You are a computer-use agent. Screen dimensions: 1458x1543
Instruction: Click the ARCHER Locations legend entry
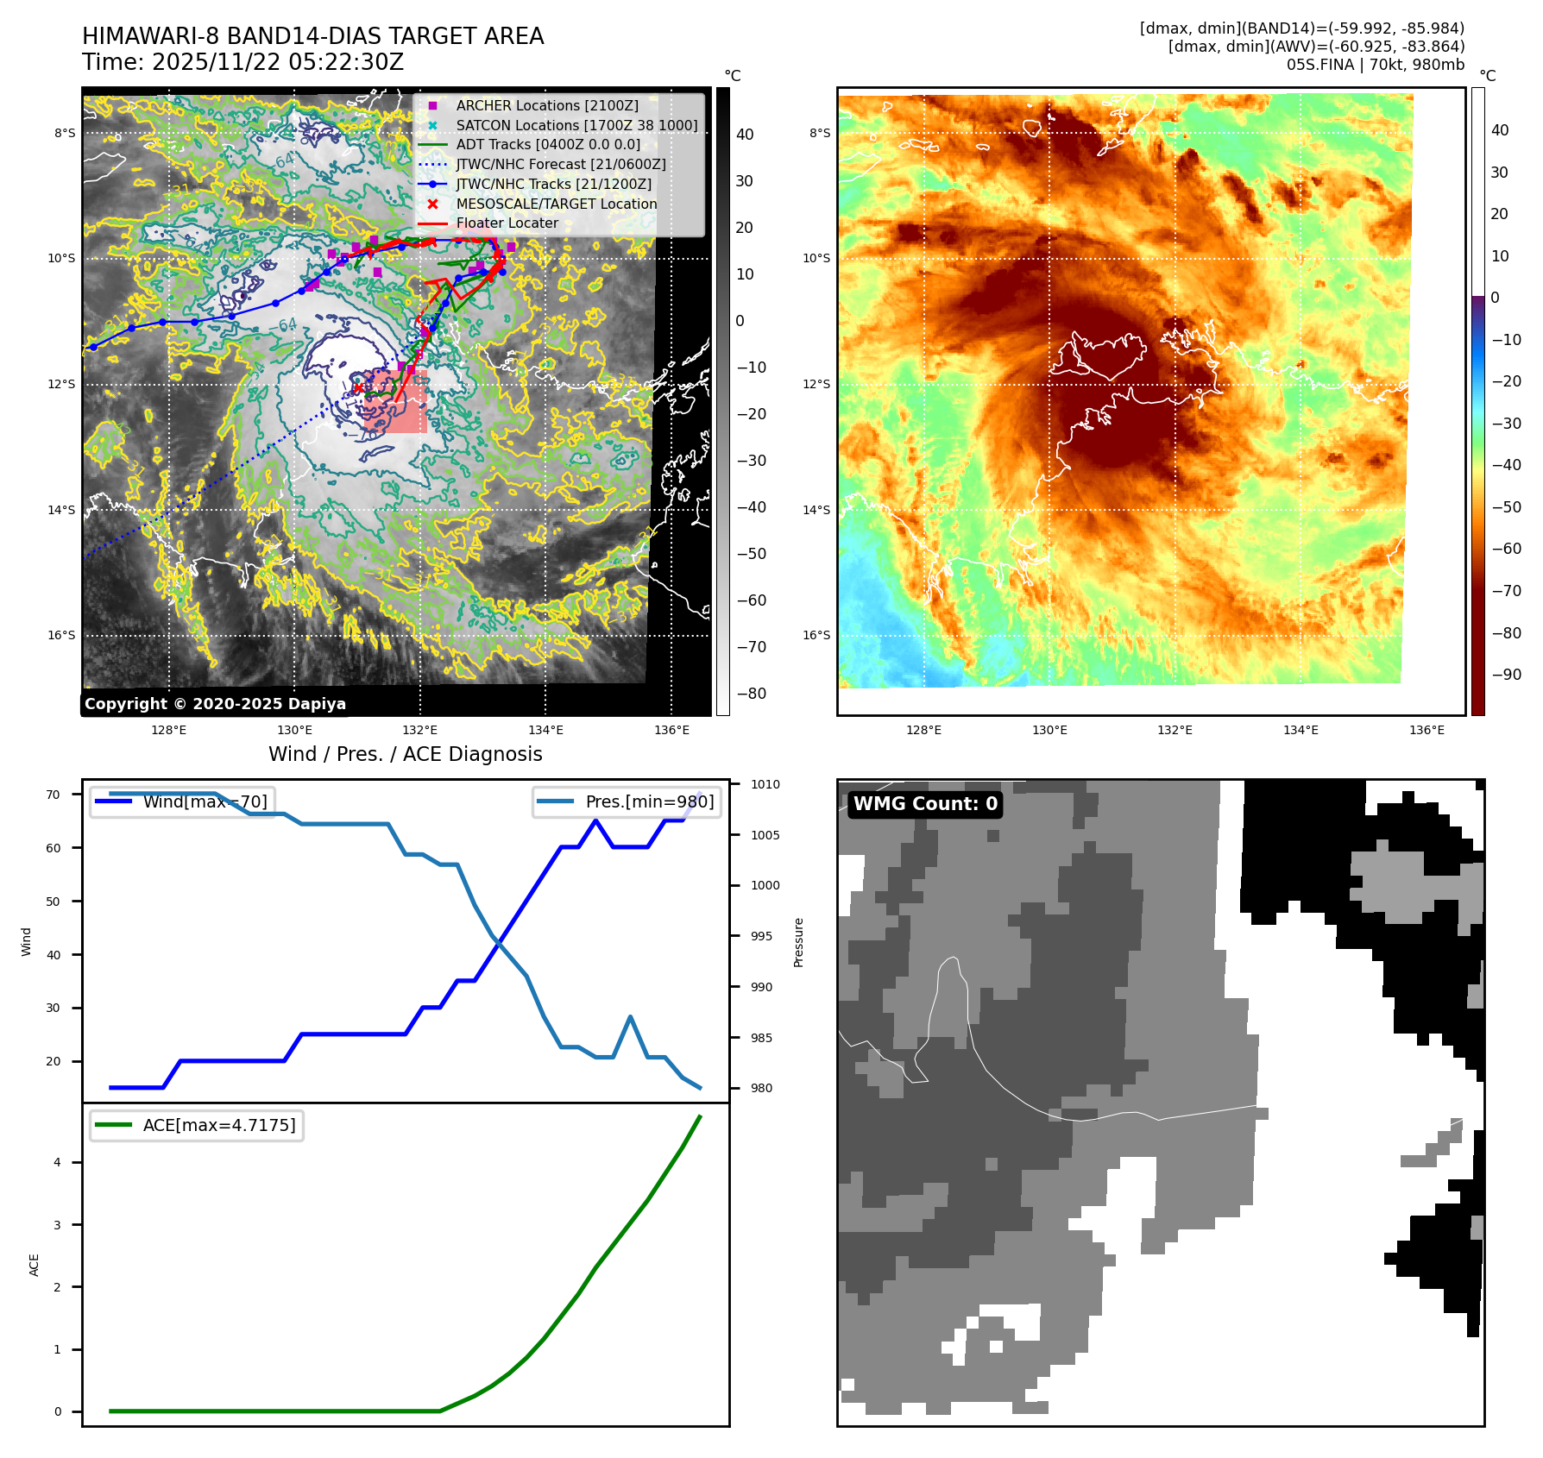[547, 105]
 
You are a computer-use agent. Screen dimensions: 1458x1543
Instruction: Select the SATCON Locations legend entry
[576, 125]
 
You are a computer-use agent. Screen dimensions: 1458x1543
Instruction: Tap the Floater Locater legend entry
[507, 223]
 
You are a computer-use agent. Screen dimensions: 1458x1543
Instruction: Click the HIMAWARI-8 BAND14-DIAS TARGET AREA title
[312, 36]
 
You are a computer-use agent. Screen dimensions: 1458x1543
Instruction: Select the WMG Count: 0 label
[925, 804]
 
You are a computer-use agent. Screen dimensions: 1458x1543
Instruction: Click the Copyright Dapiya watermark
[215, 704]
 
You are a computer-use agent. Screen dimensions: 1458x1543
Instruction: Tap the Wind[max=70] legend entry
[205, 801]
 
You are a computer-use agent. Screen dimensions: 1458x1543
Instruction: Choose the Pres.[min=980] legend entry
[649, 801]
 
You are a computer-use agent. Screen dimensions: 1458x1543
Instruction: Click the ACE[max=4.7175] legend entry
[218, 1125]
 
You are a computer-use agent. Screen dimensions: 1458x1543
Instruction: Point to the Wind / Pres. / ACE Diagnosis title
[406, 754]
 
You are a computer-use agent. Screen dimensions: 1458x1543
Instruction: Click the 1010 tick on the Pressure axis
[765, 784]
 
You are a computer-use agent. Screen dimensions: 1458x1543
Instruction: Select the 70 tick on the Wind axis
[54, 795]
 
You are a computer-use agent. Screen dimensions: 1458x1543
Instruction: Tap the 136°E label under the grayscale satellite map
[671, 730]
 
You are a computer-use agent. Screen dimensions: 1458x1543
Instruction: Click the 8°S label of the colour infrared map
[819, 133]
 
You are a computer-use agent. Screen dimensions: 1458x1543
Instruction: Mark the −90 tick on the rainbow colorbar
[1506, 675]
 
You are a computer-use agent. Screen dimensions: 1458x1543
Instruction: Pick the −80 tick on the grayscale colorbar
[751, 694]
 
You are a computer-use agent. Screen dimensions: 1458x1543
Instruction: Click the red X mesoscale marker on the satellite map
[358, 388]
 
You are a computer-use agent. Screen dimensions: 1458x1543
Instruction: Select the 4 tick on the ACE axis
[58, 1162]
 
